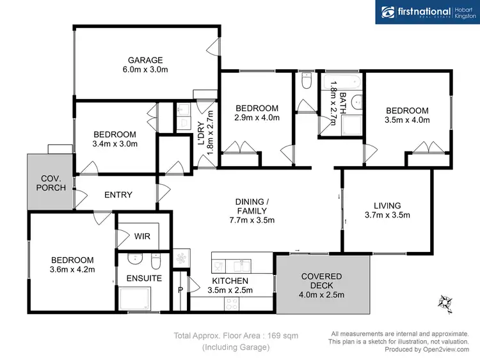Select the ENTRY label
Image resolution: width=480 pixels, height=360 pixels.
118,195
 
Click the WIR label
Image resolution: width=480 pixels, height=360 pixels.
141,236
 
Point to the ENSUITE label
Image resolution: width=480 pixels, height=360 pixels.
143,278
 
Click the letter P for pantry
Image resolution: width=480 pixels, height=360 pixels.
181,289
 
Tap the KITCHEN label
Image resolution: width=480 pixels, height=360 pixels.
230,281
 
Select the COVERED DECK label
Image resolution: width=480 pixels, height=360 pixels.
322,276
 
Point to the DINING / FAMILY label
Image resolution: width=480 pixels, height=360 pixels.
252,205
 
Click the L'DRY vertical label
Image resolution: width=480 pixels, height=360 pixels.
200,135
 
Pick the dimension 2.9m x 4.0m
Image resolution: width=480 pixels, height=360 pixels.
256,118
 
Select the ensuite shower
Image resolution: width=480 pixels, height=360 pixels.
135,299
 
